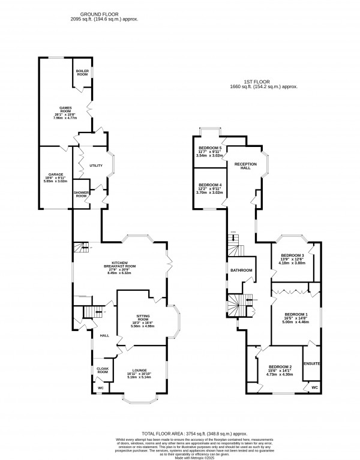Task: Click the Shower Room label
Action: pos(81,194)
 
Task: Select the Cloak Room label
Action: pos(103,370)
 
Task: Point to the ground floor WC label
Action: pos(101,389)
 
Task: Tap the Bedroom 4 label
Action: pos(210,185)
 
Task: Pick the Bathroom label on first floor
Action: pos(241,270)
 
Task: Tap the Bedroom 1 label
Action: pos(296,314)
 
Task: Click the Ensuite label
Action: pos(312,363)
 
